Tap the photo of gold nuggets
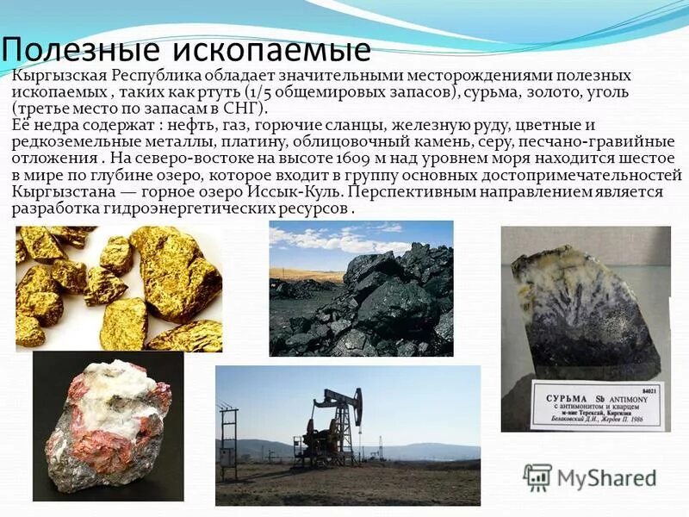tap(118, 288)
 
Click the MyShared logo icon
tap(537, 477)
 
